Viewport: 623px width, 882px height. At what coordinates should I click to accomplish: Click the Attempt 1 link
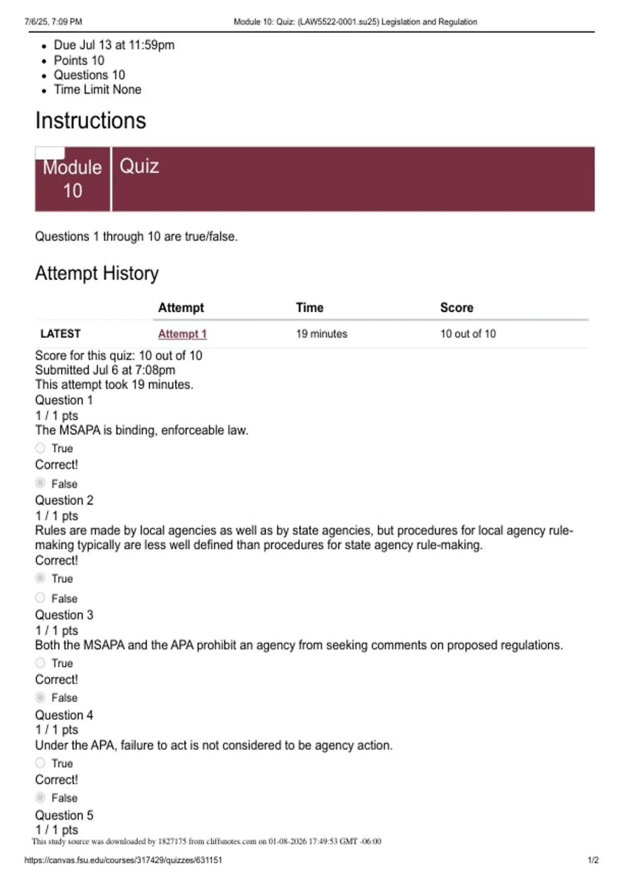point(182,334)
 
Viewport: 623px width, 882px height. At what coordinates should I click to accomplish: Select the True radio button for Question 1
point(40,448)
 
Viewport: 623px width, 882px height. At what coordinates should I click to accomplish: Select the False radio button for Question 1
point(40,483)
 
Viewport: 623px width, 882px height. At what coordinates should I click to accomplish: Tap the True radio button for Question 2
point(40,578)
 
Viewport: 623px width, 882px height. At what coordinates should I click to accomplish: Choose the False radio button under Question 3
point(40,697)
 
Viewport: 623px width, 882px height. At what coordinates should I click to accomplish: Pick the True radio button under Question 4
point(40,763)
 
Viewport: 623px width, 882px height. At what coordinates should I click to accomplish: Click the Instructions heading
point(91,120)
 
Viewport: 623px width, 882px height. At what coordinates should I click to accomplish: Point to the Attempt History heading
point(97,273)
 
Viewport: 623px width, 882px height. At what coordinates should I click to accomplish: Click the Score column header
point(456,308)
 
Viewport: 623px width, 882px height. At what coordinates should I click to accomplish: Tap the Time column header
point(309,308)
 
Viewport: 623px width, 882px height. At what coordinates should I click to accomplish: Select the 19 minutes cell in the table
point(321,334)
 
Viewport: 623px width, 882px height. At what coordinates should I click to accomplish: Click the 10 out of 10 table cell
point(468,334)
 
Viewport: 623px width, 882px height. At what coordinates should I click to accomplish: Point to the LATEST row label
point(60,334)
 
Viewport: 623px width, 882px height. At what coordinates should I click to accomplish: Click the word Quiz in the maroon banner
point(139,167)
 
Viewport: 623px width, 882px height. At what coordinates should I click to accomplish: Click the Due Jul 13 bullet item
point(114,45)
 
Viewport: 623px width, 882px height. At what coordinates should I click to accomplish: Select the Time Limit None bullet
point(98,90)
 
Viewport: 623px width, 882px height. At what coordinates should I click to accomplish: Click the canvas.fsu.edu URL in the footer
point(123,860)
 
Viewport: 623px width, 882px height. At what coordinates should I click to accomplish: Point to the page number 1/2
point(593,860)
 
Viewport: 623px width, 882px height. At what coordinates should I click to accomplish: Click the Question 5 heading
point(64,815)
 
